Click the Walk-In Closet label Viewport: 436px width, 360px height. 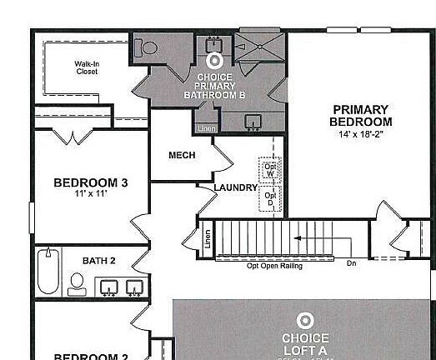86,67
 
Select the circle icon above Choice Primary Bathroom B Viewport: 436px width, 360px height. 214,61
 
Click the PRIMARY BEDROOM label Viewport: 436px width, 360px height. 360,115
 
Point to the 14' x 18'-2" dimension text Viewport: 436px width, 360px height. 362,133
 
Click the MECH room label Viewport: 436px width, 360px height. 182,156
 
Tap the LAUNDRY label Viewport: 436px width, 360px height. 235,187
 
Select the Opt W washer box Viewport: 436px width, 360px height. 270,169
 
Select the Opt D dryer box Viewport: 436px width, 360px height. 270,200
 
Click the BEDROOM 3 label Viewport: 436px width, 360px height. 90,182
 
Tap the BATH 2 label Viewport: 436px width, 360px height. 98,261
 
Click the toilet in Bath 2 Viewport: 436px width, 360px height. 77,284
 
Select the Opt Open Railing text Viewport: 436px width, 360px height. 274,266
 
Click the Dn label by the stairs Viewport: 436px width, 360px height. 352,264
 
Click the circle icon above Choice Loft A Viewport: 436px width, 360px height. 305,320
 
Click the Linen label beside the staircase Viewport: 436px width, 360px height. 207,239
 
